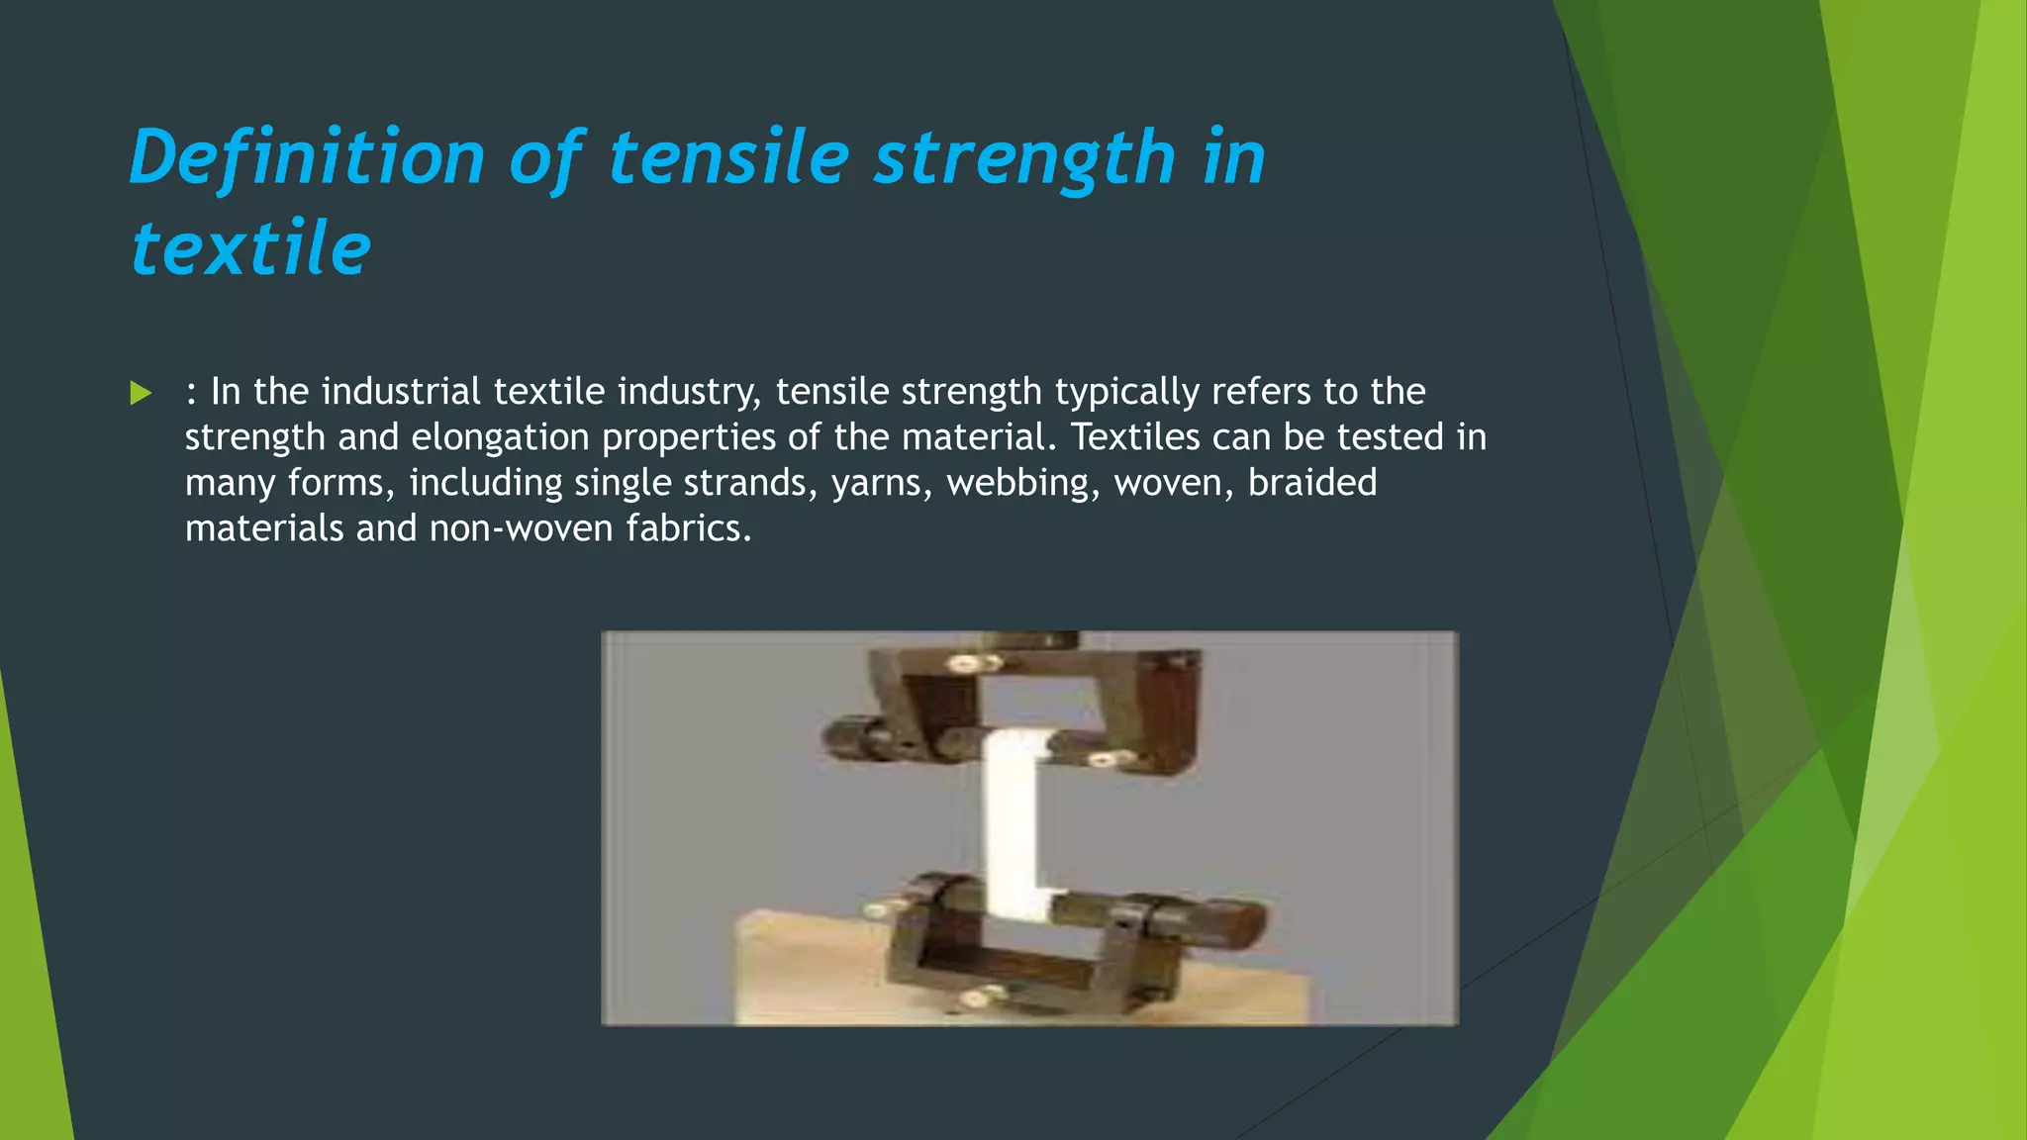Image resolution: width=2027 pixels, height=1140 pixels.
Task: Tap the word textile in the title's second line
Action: click(251, 248)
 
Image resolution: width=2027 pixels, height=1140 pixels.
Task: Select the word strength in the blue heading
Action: click(1023, 158)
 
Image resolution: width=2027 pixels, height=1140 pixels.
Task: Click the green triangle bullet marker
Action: click(141, 394)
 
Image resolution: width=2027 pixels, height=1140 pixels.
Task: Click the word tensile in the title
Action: click(728, 158)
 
